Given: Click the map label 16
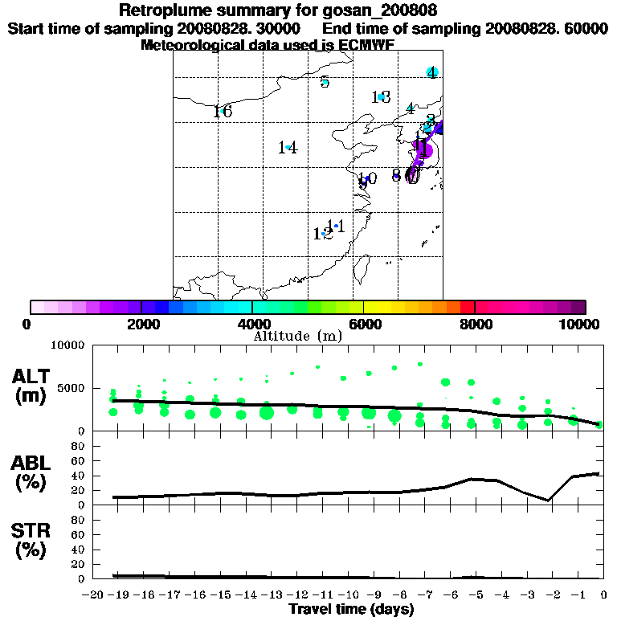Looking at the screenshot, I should click(x=223, y=112).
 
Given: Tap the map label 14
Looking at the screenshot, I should click(x=288, y=148).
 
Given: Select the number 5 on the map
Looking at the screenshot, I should click(x=325, y=82).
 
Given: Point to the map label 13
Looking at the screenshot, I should click(x=381, y=98).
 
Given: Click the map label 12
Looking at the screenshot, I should click(x=322, y=234).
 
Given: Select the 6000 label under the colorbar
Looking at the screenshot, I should click(x=364, y=324).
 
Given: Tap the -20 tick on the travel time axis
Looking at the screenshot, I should click(x=93, y=595).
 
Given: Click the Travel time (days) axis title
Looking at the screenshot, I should click(x=351, y=609).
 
